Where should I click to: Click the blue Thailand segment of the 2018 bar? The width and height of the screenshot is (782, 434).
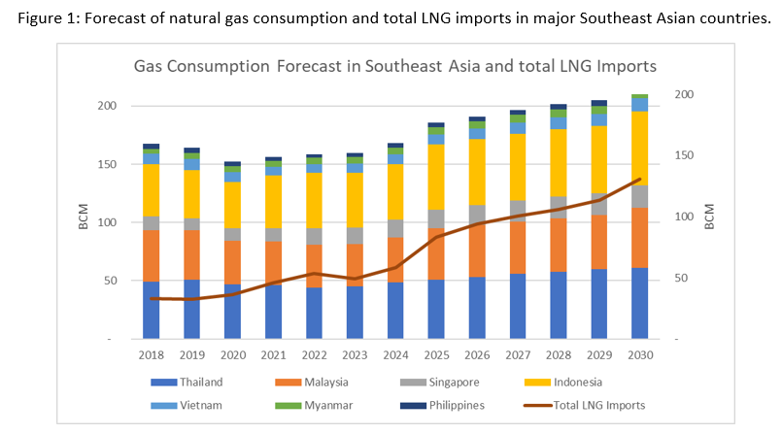tap(151, 311)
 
